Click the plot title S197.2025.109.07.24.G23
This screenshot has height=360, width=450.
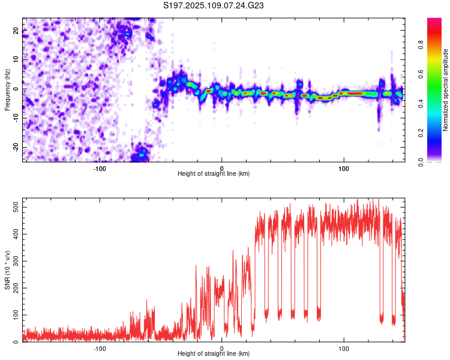(213, 5)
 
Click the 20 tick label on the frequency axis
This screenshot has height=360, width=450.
(16, 31)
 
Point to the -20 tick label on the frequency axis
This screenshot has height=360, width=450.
(16, 147)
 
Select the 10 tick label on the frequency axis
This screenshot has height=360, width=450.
(16, 59)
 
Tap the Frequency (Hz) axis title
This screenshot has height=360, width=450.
(7, 90)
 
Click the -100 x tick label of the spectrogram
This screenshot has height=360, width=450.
(100, 169)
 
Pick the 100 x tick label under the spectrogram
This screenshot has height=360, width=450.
(344, 169)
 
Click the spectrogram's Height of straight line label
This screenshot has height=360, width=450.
(214, 173)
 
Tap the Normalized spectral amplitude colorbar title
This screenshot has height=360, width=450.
(445, 90)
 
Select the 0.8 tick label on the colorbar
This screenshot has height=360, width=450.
(421, 45)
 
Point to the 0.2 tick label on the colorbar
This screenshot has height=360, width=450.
(421, 133)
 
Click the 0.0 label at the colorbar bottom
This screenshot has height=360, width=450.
(421, 162)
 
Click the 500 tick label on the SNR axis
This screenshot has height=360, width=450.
(16, 207)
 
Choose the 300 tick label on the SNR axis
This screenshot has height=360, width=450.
(16, 261)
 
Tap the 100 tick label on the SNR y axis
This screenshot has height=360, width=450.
(16, 315)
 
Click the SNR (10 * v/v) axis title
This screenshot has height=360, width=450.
(7, 270)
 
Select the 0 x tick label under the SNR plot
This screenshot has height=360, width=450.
(221, 349)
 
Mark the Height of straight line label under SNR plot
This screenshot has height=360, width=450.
(214, 353)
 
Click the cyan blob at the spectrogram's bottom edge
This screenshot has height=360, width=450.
(142, 155)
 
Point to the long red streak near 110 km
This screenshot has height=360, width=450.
(352, 93)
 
